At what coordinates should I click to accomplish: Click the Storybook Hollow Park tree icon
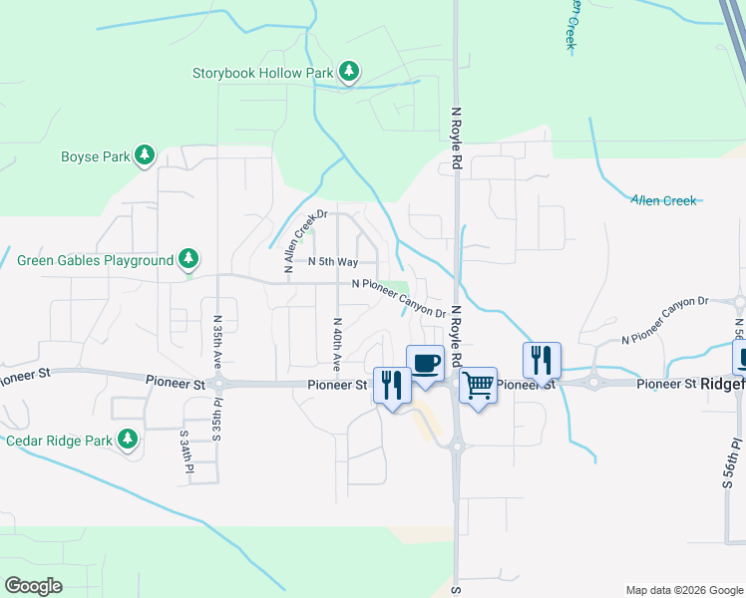(348, 72)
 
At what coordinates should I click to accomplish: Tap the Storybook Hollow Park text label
(263, 73)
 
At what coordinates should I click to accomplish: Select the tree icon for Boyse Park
(146, 155)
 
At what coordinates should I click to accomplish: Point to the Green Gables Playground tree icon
(188, 260)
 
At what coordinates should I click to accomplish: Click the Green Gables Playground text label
(96, 261)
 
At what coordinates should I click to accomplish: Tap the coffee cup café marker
(425, 363)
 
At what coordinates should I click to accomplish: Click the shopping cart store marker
(479, 385)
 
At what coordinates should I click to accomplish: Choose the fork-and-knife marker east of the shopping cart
(542, 360)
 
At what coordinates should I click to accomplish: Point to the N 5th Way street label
(332, 261)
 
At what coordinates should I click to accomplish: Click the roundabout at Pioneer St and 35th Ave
(219, 383)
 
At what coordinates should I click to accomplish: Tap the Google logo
(33, 585)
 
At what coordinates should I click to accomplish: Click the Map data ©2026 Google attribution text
(684, 589)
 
